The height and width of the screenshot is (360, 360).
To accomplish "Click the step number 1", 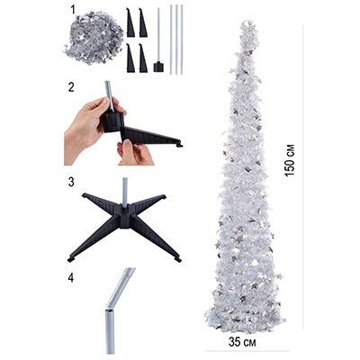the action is coord(73,10).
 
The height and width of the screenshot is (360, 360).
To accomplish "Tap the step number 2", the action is coord(71,87).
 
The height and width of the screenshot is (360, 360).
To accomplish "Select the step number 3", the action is coord(71,182).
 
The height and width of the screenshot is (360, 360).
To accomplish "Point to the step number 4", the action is coord(71,277).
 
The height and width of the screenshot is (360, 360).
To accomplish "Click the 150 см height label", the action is coord(290,160).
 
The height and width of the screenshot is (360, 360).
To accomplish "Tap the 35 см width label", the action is coord(242,342).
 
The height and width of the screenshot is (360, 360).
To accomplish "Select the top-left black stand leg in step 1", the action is coord(130,22).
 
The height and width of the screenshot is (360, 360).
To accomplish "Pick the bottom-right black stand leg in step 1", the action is coord(143,58).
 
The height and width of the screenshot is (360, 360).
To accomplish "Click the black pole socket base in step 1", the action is coord(158,67).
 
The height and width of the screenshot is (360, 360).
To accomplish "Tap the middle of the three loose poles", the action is coord(176,40).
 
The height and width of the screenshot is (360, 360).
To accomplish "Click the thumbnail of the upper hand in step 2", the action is coord(105,102).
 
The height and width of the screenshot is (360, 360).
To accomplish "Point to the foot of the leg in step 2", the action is coord(180,145).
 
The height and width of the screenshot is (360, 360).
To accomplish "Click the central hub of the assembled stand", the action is coord(124,217).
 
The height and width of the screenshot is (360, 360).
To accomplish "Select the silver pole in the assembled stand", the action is coord(125,192).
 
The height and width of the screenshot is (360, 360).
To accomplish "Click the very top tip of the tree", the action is coord(247,21).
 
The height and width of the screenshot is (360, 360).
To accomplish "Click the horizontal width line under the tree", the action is coord(247,351).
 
